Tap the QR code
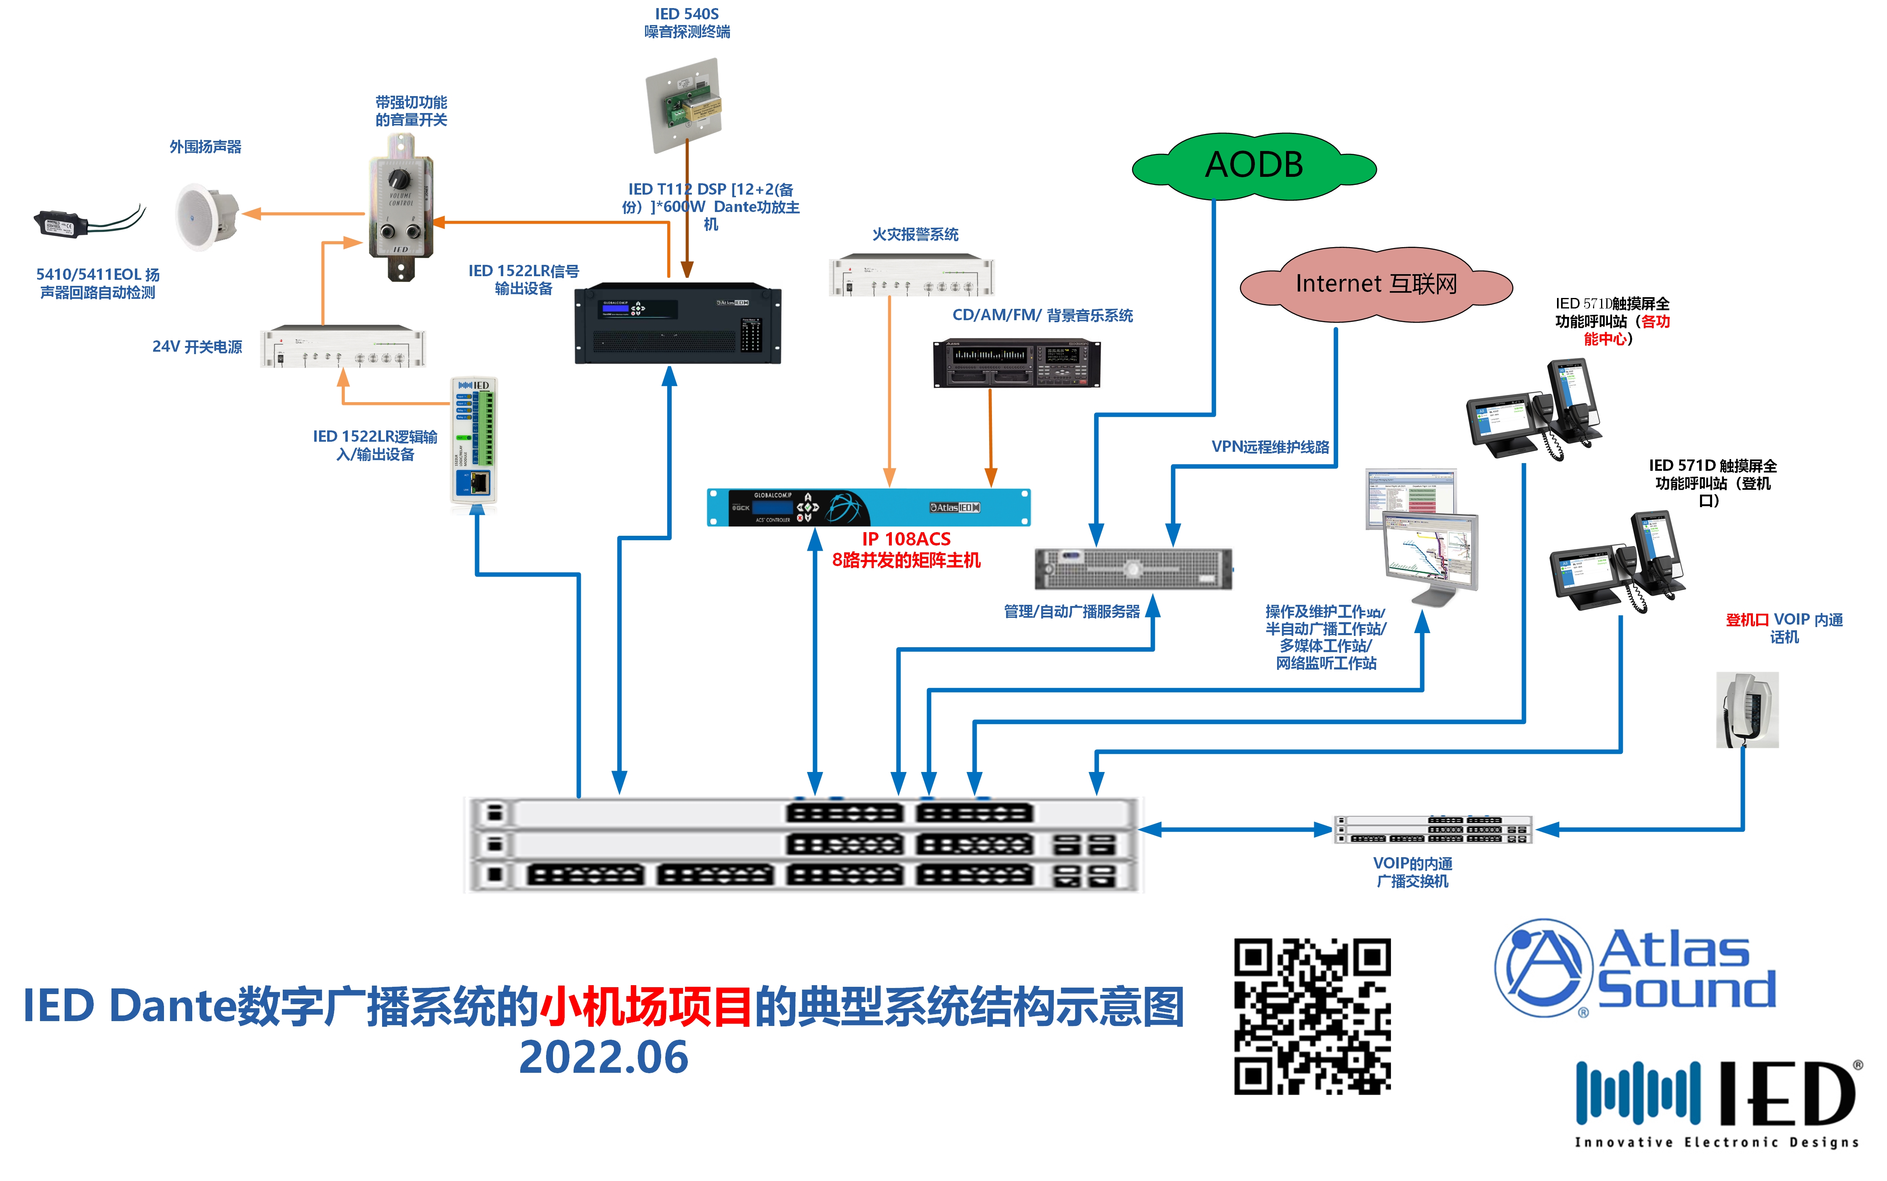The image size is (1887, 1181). pos(1312,1015)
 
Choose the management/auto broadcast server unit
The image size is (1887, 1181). pos(1133,568)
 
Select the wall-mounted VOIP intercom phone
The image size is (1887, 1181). pos(1746,709)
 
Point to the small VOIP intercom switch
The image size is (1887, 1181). pos(1432,829)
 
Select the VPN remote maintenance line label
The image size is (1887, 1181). pos(1270,447)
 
